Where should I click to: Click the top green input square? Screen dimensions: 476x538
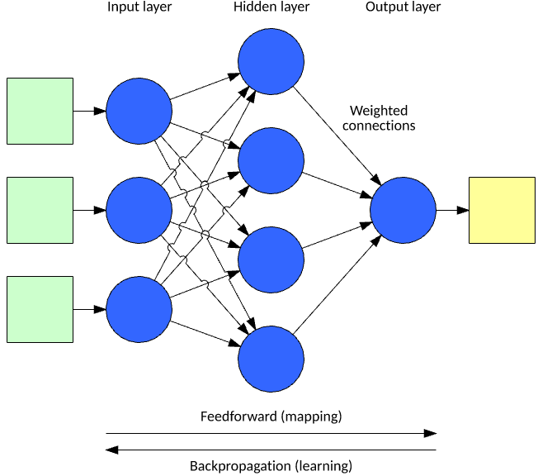[x=40, y=111]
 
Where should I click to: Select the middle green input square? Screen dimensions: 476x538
[x=40, y=210]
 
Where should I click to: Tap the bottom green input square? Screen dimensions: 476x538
[x=40, y=309]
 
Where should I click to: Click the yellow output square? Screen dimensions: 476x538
[x=502, y=210]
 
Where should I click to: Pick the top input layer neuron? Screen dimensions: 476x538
[x=139, y=111]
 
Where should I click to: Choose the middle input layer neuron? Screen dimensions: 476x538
[x=139, y=210]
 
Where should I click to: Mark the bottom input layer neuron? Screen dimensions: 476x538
[x=139, y=309]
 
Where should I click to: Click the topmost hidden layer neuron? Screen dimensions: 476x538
[x=271, y=61]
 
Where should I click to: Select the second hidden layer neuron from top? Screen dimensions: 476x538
[x=271, y=160]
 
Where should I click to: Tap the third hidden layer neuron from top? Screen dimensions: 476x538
[x=271, y=259]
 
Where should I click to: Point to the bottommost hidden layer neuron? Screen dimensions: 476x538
[x=271, y=359]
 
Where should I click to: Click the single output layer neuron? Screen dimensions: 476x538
[x=403, y=210]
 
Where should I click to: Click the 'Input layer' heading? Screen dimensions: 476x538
[x=139, y=7]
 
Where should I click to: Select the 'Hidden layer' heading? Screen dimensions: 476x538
[x=271, y=7]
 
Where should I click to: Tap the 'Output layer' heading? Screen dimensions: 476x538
[x=403, y=7]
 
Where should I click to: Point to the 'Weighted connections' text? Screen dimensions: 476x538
[x=379, y=118]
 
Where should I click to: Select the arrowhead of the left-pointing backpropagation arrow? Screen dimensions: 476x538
[x=111, y=450]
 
